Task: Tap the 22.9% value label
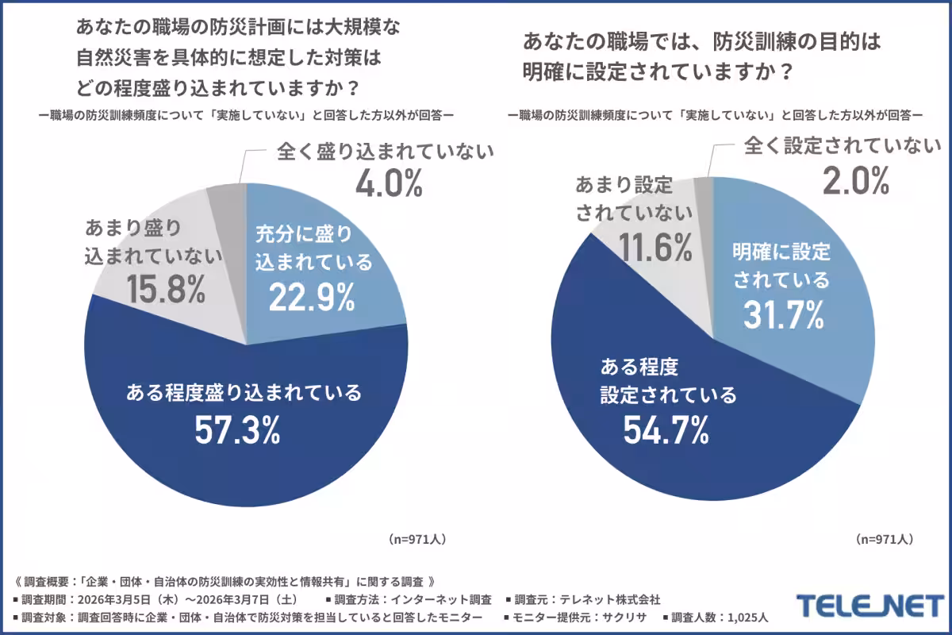coord(311,298)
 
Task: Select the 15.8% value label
coord(165,290)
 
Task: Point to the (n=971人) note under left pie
coord(418,538)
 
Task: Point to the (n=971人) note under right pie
coord(885,538)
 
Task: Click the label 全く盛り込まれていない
coord(386,151)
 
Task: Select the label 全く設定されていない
coord(842,147)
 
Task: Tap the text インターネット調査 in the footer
coord(446,598)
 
